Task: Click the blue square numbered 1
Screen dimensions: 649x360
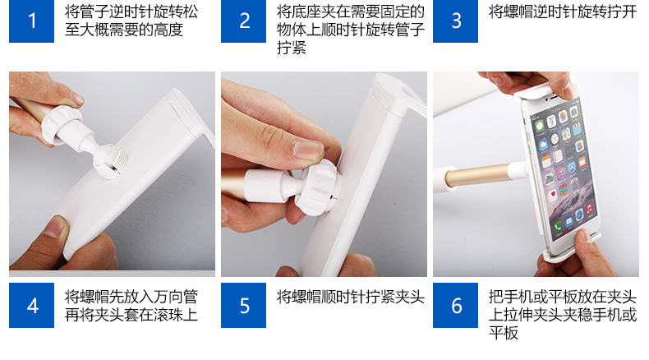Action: [x=31, y=21]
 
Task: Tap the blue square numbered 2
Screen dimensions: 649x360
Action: [x=243, y=21]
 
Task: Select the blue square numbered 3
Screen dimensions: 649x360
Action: [x=455, y=21]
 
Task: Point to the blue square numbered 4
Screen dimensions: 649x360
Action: [x=31, y=305]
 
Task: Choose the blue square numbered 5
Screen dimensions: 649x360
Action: [x=243, y=305]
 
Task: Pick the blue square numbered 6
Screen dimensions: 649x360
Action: [x=455, y=305]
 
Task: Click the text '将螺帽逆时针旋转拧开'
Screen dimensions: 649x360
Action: [x=563, y=12]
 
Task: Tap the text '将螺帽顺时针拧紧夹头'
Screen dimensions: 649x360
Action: [x=351, y=297]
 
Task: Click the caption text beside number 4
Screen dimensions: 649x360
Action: [x=131, y=306]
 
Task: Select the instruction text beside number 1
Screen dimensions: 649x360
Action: [x=131, y=21]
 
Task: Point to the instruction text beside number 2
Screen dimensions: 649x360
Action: [x=351, y=30]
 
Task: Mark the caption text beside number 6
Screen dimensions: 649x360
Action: [x=563, y=315]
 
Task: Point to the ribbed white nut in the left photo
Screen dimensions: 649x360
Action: [x=59, y=124]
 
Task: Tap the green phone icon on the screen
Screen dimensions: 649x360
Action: [x=559, y=226]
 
